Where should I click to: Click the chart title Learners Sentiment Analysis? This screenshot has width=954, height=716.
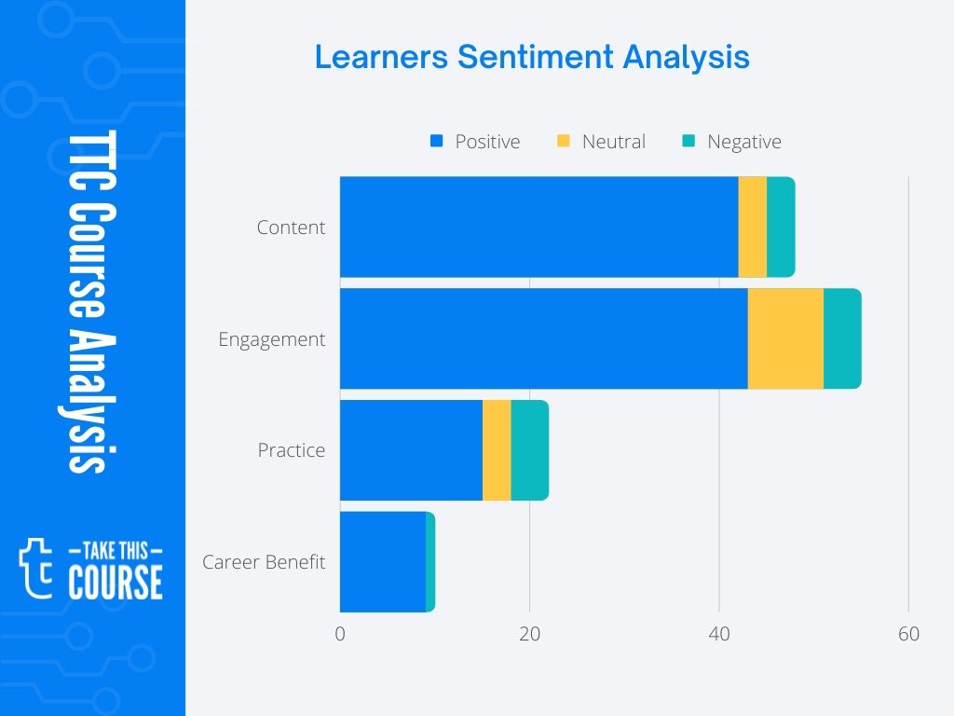coord(531,57)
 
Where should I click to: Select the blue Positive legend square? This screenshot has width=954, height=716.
coord(435,142)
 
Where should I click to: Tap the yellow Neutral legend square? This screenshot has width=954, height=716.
coord(563,142)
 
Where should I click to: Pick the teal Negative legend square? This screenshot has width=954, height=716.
coord(688,142)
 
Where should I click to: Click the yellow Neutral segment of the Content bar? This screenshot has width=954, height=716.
coord(752,227)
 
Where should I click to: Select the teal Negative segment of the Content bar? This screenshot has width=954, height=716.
coord(781,227)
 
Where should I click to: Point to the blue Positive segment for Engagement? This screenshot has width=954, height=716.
coord(543,338)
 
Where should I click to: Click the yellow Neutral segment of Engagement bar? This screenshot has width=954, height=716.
coord(785,338)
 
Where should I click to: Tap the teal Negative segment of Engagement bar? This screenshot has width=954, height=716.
coord(842,338)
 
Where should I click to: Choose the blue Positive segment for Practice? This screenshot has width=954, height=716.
coord(411,450)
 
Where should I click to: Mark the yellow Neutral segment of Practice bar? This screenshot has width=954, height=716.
coord(497,450)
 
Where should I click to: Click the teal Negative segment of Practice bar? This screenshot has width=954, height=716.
coord(529,450)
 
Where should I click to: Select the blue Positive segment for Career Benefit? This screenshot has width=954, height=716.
coord(382,562)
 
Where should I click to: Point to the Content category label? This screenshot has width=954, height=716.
coord(291,227)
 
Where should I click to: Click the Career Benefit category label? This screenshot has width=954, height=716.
coord(264,562)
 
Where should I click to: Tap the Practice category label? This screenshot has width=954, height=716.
coord(291,450)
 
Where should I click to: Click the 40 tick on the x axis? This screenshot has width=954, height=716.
coord(719,635)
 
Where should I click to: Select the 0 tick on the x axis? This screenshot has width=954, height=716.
coord(340,635)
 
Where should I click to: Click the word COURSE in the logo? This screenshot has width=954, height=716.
coord(116,582)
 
